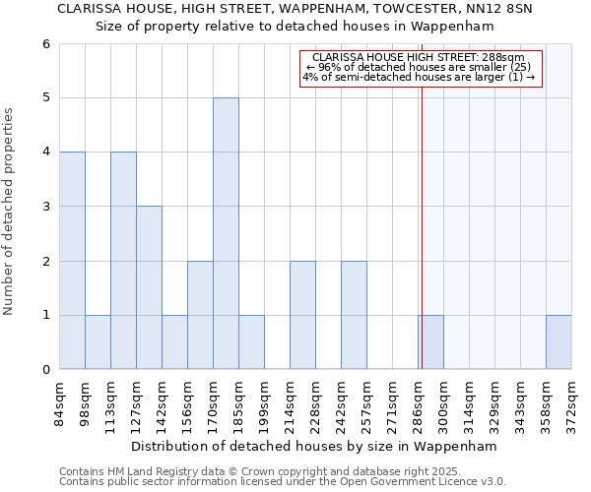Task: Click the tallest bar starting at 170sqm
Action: (x=226, y=233)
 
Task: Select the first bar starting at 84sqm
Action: (x=72, y=261)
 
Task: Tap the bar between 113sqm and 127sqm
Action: (x=123, y=261)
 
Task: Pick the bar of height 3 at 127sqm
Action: (x=149, y=287)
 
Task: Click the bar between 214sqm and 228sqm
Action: (x=302, y=315)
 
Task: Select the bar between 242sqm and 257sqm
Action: (x=354, y=315)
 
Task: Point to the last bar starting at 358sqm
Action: (x=558, y=342)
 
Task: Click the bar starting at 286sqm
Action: (x=430, y=342)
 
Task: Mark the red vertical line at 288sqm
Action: (x=422, y=226)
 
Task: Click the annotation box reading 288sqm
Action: (x=422, y=68)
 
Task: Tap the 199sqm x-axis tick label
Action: (x=265, y=403)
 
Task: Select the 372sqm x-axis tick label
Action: (x=572, y=403)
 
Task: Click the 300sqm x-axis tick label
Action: (x=444, y=403)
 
